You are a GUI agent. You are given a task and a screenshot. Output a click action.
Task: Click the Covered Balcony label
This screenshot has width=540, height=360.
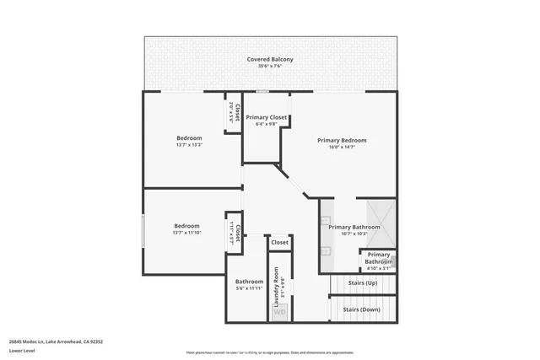click(270, 59)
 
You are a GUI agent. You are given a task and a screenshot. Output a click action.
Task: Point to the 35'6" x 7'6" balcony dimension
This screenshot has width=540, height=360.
click(270, 67)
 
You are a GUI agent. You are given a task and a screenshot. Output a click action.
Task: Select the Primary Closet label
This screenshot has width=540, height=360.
click(267, 117)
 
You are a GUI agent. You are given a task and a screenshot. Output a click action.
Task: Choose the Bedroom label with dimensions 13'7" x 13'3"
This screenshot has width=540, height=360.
click(189, 137)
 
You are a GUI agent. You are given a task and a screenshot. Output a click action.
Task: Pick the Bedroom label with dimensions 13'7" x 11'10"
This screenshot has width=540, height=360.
click(186, 225)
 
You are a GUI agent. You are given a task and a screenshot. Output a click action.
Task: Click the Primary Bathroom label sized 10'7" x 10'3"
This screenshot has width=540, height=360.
click(354, 227)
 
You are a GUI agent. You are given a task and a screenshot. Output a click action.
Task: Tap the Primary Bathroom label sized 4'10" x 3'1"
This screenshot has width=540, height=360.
click(379, 258)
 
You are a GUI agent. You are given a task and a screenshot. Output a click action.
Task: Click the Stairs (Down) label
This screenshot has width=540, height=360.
click(361, 309)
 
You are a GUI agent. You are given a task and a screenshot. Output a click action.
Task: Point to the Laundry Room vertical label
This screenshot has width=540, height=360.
click(275, 290)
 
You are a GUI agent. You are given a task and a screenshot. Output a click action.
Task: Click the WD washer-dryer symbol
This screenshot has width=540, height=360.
click(279, 313)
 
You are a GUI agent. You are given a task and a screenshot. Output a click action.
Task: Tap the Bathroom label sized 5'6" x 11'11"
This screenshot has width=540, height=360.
click(249, 282)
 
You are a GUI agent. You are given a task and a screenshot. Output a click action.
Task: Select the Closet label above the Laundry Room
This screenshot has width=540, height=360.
click(279, 242)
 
